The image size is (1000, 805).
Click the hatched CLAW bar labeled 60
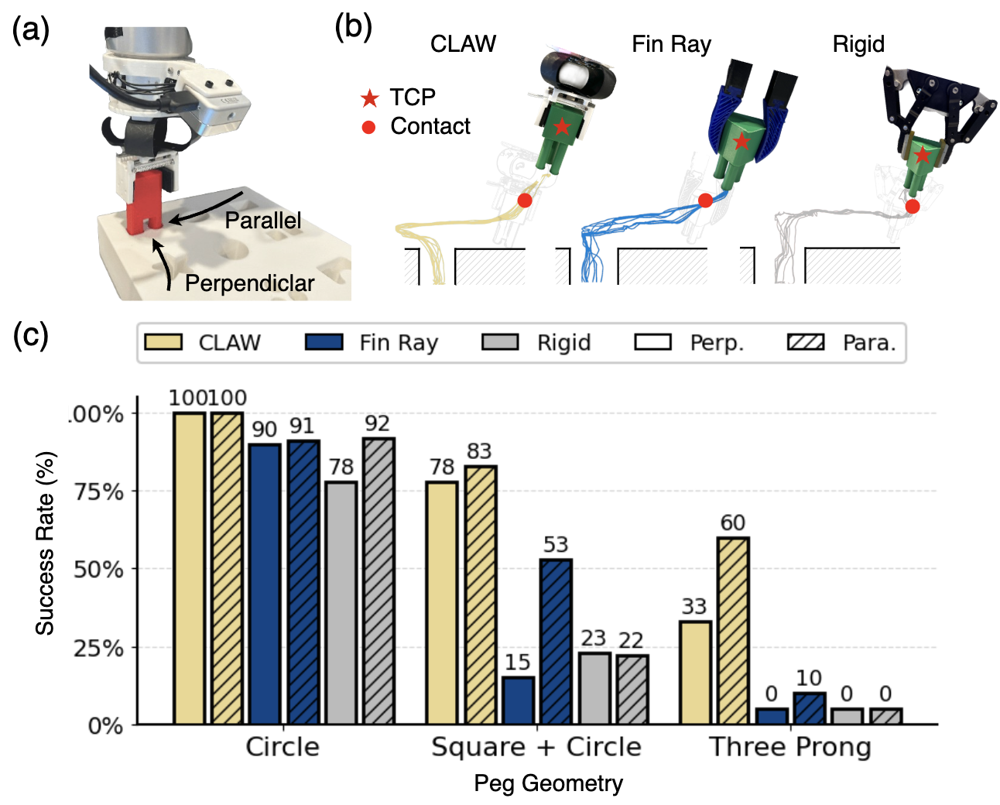click(x=732, y=630)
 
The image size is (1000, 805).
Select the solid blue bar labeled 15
click(x=518, y=700)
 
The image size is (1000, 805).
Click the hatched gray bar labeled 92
click(x=378, y=581)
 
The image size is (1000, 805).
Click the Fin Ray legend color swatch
click(x=324, y=342)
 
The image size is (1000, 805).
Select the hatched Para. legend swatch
click(x=806, y=342)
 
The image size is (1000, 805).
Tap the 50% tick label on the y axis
click(x=98, y=570)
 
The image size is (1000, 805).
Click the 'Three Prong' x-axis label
click(x=789, y=747)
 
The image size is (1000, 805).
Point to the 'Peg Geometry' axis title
click(x=548, y=783)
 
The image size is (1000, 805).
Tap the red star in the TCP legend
click(x=369, y=98)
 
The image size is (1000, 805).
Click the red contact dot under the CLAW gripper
click(x=525, y=200)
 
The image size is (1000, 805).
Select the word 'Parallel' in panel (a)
click(x=263, y=221)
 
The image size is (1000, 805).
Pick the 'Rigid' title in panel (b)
click(x=858, y=44)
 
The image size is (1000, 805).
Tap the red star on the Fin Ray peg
click(x=741, y=141)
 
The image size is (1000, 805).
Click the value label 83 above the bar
click(x=479, y=451)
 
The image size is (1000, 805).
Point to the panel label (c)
click(x=31, y=336)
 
